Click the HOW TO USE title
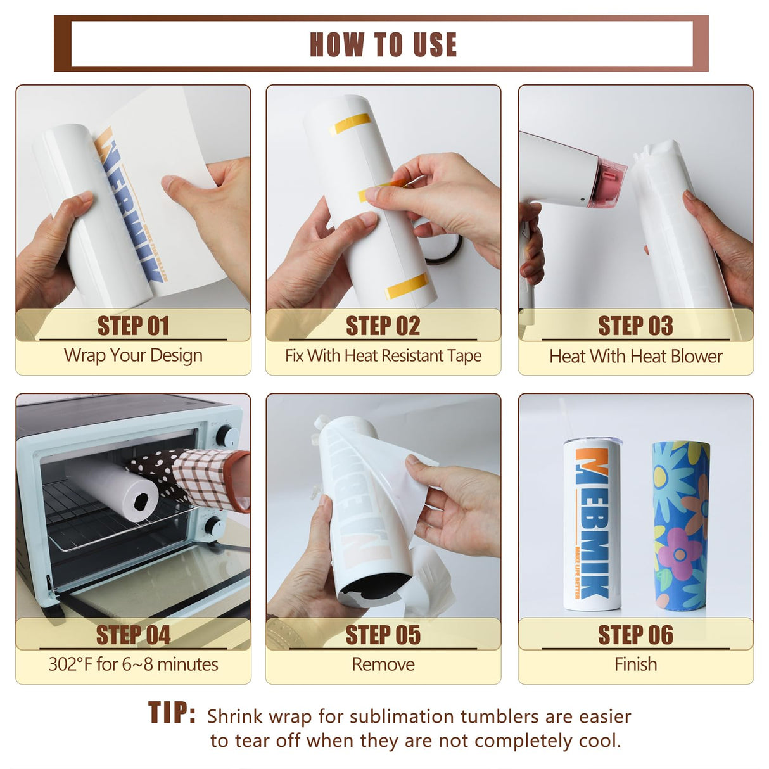383,44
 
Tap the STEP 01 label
133,326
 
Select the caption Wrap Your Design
133,355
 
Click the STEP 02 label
383,326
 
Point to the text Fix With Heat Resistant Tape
383,356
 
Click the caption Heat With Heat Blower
635,357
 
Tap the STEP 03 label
635,326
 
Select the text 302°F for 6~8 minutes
133,664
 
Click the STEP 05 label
383,635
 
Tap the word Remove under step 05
383,664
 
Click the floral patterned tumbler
680,526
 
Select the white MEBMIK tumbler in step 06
591,526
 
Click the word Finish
635,664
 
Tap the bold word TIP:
172,713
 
